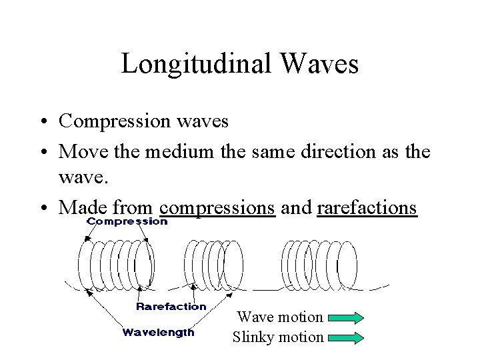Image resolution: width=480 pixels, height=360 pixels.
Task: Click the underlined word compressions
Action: (218, 207)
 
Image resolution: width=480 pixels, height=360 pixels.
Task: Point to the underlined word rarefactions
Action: (367, 207)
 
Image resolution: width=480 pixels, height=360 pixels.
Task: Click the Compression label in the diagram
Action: (127, 221)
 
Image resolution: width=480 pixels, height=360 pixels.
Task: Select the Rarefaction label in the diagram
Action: (171, 307)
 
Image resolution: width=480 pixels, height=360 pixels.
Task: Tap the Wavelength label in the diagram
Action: (159, 332)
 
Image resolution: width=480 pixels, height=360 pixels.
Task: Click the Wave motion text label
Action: (280, 317)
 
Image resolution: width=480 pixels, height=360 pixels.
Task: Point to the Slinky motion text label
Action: (278, 337)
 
